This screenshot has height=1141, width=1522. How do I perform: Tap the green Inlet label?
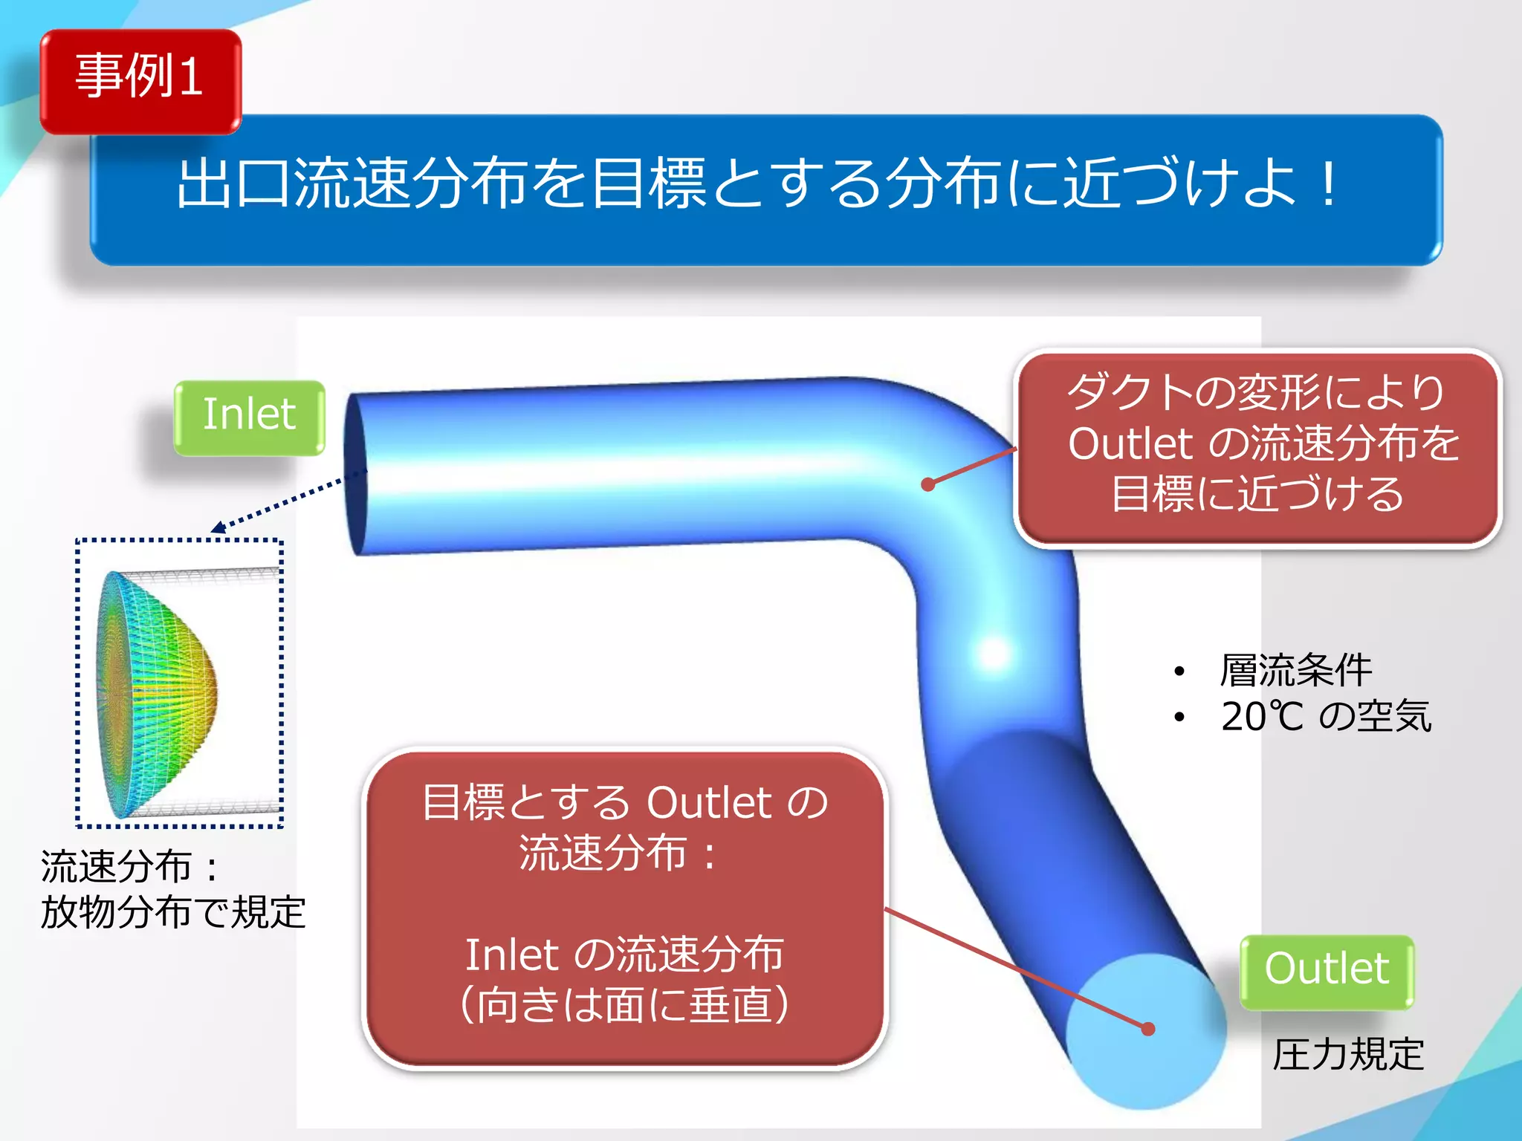click(x=249, y=417)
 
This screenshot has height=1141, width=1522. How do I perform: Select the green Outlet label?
click(x=1327, y=971)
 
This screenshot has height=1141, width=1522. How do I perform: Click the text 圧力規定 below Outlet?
click(x=1348, y=1056)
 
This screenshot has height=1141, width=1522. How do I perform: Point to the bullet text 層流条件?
click(x=1295, y=671)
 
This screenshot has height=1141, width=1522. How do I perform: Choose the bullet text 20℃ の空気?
click(x=1325, y=718)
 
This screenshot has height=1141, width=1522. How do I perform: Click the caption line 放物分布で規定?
click(x=172, y=913)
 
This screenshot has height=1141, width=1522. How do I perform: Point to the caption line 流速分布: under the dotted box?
click(x=130, y=866)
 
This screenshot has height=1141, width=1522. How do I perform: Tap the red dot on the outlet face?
click(x=1148, y=1029)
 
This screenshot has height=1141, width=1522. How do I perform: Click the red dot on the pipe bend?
click(x=927, y=484)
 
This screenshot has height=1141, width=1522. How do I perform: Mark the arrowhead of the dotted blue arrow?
click(x=217, y=528)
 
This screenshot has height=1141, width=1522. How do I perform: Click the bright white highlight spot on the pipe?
click(x=994, y=654)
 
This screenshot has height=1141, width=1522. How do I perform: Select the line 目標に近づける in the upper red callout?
click(x=1257, y=495)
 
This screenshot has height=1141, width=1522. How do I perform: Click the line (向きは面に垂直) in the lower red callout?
click(x=624, y=1004)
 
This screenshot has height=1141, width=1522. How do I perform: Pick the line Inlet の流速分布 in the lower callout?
click(x=624, y=955)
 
